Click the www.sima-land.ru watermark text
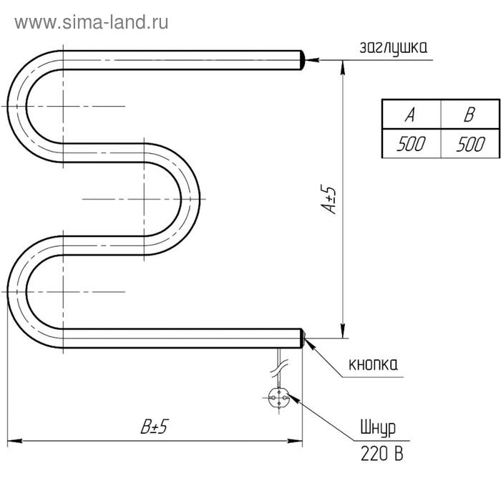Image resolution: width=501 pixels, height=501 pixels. click(x=92, y=23)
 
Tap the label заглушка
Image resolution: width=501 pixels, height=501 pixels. click(x=394, y=48)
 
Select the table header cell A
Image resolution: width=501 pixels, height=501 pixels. click(x=411, y=115)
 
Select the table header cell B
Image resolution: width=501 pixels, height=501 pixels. click(x=470, y=115)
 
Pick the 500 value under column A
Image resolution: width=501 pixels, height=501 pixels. click(x=411, y=144)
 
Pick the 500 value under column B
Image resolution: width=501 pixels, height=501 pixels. click(x=470, y=144)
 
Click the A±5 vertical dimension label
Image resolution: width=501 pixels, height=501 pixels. click(x=329, y=200)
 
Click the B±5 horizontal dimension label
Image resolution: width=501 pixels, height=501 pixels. click(x=155, y=426)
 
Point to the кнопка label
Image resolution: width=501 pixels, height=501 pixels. click(x=373, y=364)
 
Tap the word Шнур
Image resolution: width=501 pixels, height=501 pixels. click(x=379, y=428)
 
